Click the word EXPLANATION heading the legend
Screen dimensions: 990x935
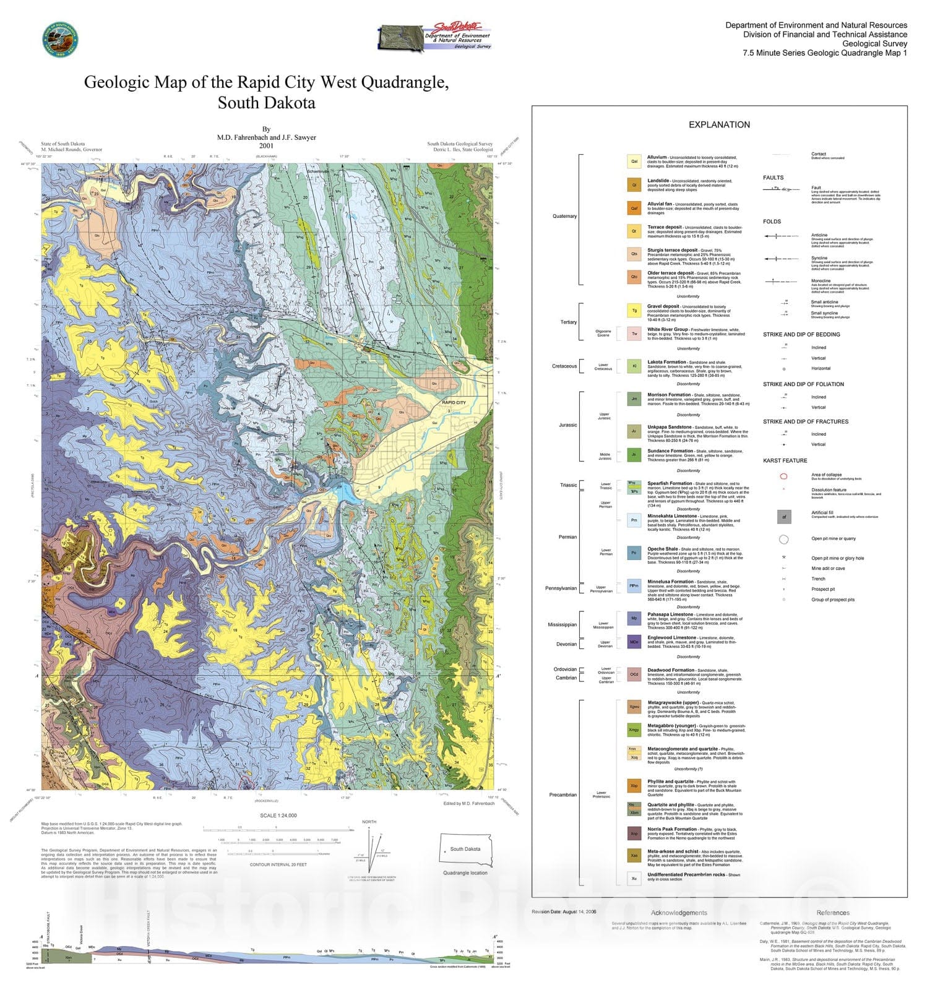tap(719, 124)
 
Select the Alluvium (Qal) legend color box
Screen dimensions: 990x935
tap(634, 161)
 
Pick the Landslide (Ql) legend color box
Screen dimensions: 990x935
tap(634, 185)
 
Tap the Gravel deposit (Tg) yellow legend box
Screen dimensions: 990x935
tap(634, 311)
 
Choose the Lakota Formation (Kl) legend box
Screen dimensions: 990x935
tap(634, 366)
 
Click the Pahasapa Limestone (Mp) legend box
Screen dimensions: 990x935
tap(634, 618)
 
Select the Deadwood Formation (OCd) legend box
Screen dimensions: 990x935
tap(634, 674)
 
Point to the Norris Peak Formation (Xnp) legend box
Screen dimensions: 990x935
tap(634, 833)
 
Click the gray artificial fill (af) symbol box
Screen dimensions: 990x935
tap(784, 517)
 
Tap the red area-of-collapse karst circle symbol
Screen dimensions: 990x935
tap(783, 476)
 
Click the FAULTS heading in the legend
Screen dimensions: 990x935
tap(773, 178)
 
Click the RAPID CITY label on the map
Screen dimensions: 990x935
tap(454, 403)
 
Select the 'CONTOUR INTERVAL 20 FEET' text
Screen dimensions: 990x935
tap(278, 864)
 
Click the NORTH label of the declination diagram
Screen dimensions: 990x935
tap(369, 822)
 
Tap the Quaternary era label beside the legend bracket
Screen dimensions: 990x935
tap(564, 216)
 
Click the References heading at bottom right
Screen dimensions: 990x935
tap(833, 913)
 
